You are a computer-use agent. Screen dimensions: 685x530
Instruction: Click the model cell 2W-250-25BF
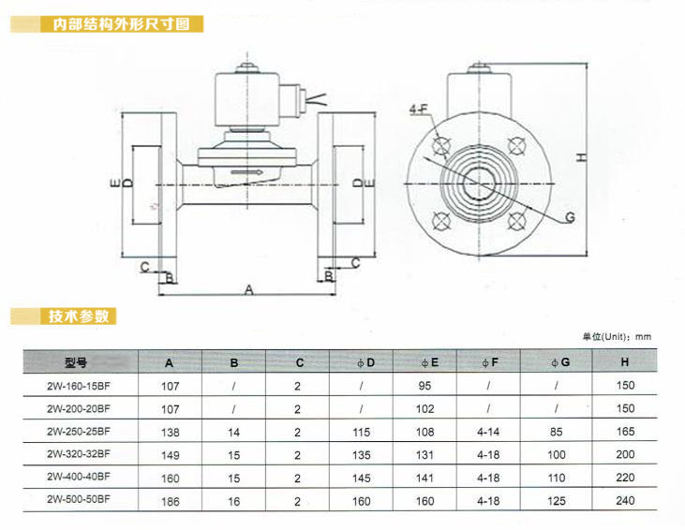click(x=79, y=432)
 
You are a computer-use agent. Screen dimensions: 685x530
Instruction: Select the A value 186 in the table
click(x=171, y=502)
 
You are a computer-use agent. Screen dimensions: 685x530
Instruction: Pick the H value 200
click(x=625, y=454)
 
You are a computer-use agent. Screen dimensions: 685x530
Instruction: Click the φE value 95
click(x=424, y=386)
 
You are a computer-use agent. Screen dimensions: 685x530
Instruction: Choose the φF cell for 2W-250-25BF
click(x=488, y=433)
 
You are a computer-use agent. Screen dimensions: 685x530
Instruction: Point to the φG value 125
click(x=557, y=501)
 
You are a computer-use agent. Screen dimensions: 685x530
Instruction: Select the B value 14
click(x=233, y=433)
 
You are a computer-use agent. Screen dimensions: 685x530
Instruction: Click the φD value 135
click(x=362, y=455)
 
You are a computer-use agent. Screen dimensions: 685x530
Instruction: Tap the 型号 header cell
click(x=76, y=362)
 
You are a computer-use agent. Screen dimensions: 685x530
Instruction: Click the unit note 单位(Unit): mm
click(x=617, y=336)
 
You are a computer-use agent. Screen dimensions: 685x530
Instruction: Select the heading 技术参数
click(x=79, y=317)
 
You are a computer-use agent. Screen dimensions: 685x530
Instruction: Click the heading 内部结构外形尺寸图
click(x=122, y=24)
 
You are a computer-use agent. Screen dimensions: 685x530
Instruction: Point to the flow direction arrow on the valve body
click(x=246, y=172)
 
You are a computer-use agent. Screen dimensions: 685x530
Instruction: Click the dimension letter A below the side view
click(x=249, y=289)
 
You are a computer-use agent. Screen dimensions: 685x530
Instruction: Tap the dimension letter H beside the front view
click(x=582, y=157)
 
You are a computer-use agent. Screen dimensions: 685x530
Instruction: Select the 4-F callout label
click(x=419, y=109)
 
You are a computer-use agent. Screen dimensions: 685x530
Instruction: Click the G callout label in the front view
click(x=570, y=217)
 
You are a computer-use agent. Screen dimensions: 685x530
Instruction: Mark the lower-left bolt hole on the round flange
click(x=441, y=221)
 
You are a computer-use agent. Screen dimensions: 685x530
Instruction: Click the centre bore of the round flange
click(x=480, y=184)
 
